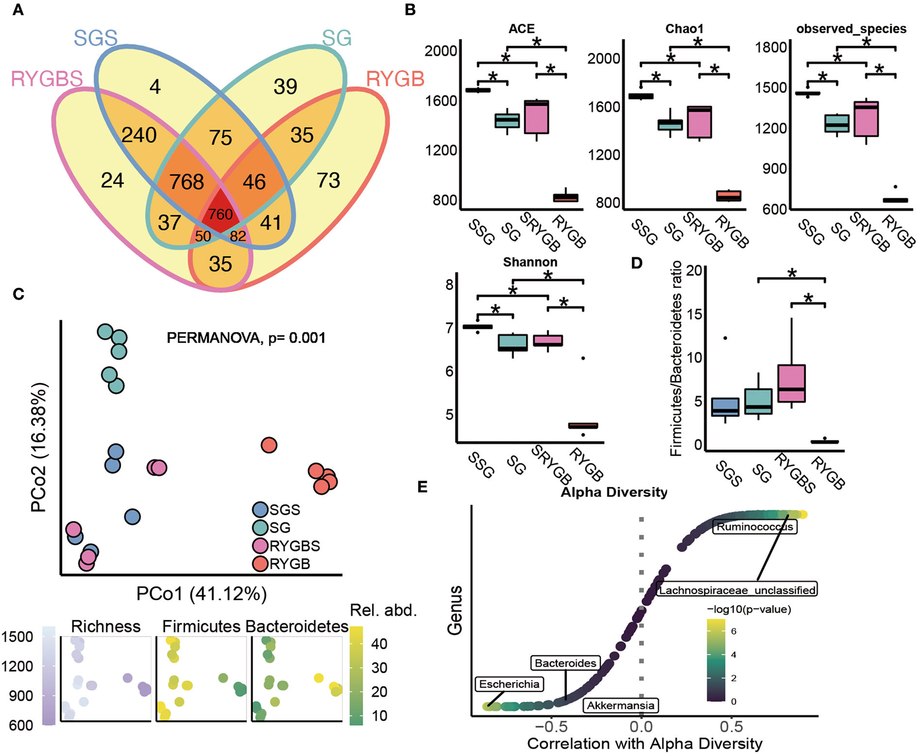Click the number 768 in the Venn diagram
coord(187,182)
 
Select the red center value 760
coord(220,213)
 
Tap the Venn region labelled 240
coord(139,135)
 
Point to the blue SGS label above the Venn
coord(96,38)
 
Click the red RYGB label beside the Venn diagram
coord(395,79)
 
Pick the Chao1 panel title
coord(684,29)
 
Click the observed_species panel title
coord(851,29)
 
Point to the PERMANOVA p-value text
coord(246,338)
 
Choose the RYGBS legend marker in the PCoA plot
coord(261,546)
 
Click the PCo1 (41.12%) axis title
coord(202,593)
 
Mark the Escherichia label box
coord(509,684)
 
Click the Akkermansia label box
coord(620,705)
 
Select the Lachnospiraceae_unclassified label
coord(737,589)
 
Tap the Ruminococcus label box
coord(754,527)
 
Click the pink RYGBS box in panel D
coord(791,384)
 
